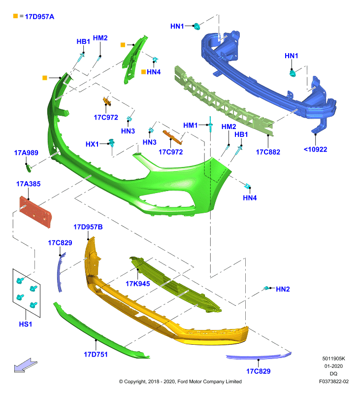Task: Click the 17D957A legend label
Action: pos(39,17)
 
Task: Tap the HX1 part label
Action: pos(92,144)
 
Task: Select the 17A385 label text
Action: pos(29,184)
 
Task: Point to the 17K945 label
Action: pos(138,284)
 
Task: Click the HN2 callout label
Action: pos(283,289)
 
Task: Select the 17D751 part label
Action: pos(96,355)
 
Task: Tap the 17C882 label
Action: pos(268,152)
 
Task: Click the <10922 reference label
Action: pos(315,150)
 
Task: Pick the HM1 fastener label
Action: pos(191,125)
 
